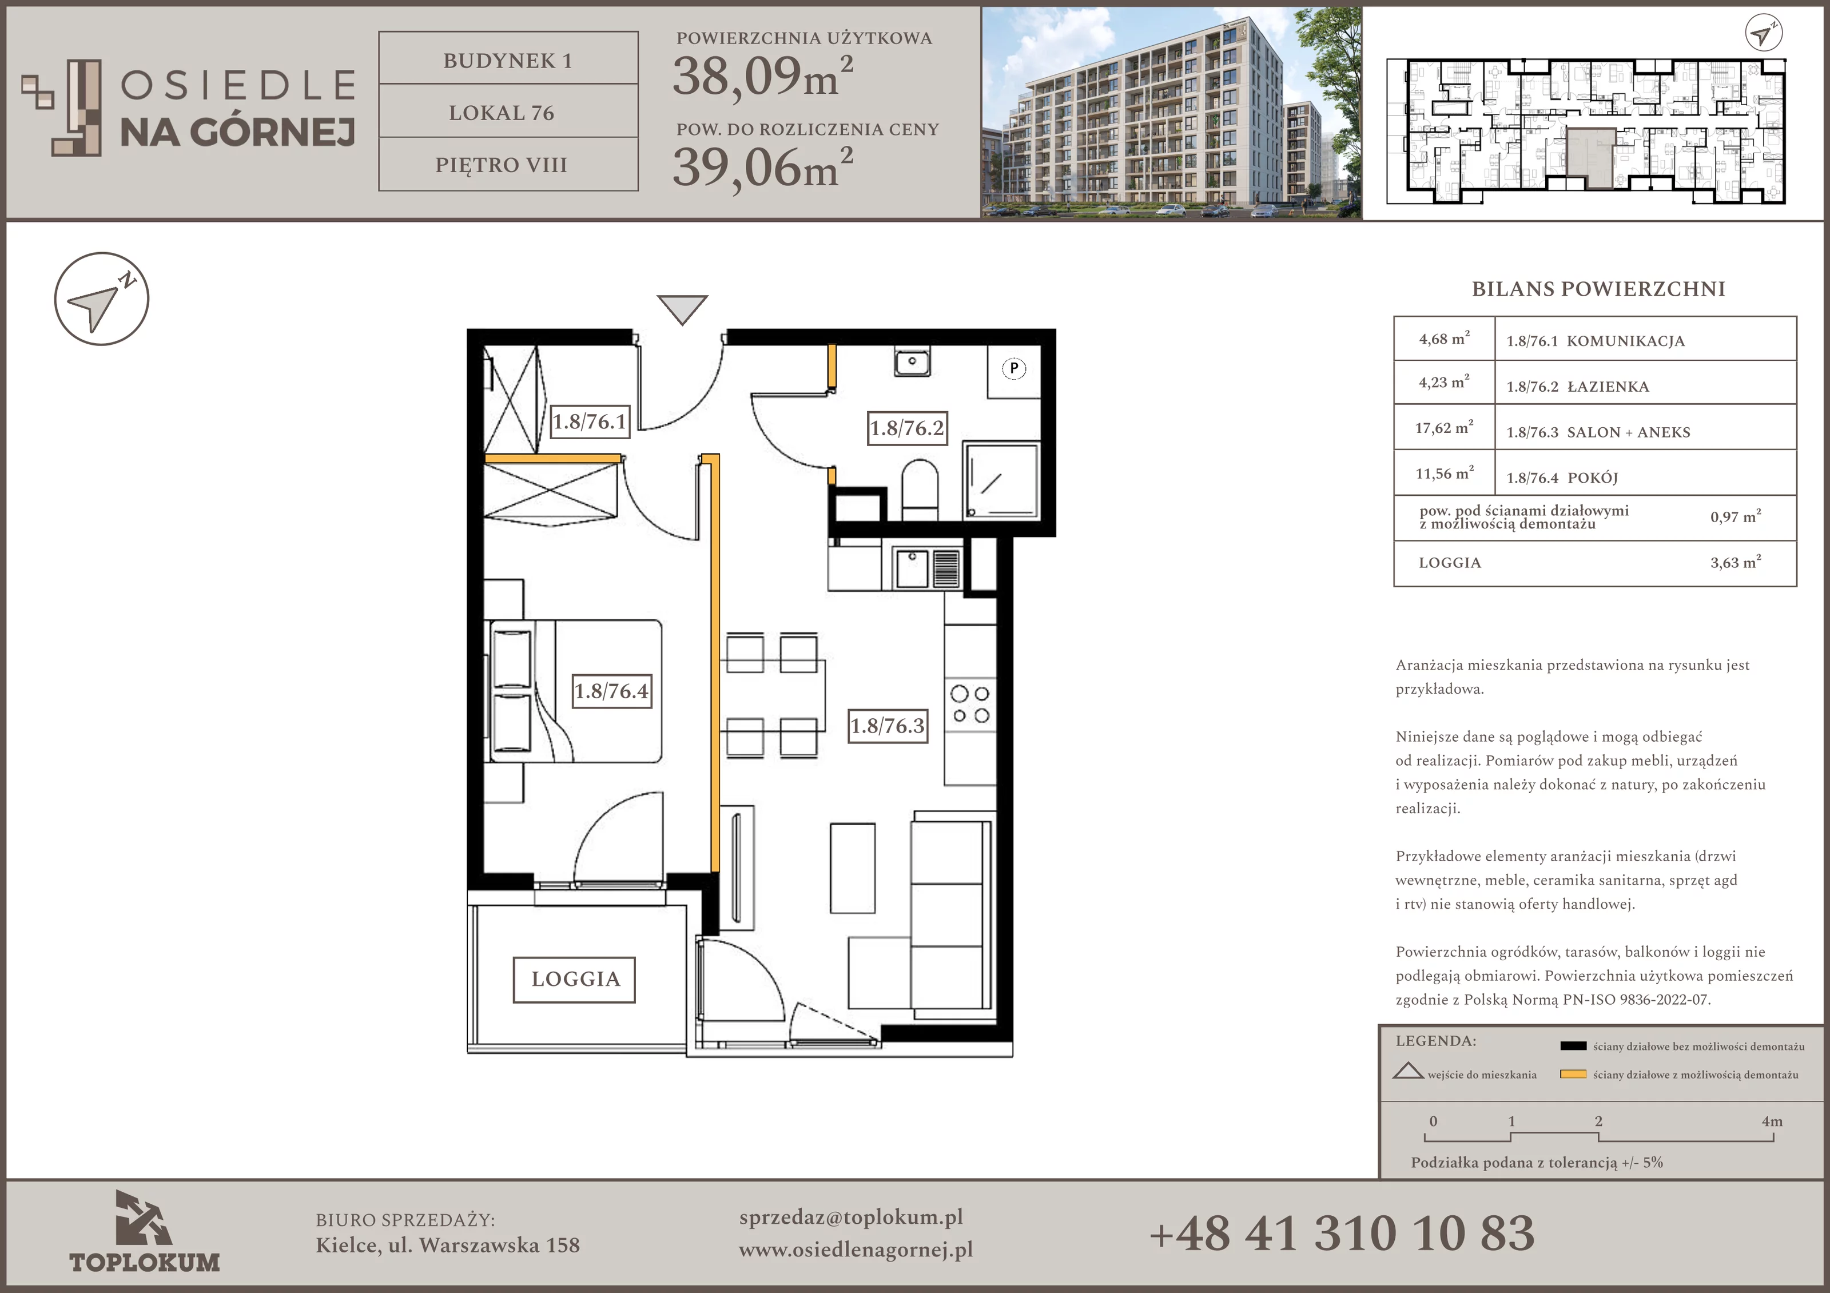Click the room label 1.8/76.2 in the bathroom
[x=906, y=428]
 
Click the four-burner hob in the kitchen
[x=970, y=705]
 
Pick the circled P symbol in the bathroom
[x=1014, y=368]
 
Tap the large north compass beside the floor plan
[x=102, y=299]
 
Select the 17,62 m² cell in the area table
[x=1443, y=428]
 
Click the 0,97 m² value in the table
[x=1735, y=516]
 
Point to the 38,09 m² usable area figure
[x=763, y=77]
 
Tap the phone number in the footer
[x=1342, y=1232]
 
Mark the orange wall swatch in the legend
[x=1573, y=1075]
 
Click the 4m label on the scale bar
[x=1772, y=1121]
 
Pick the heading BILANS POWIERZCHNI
[x=1598, y=289]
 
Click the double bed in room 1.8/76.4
[x=574, y=691]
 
